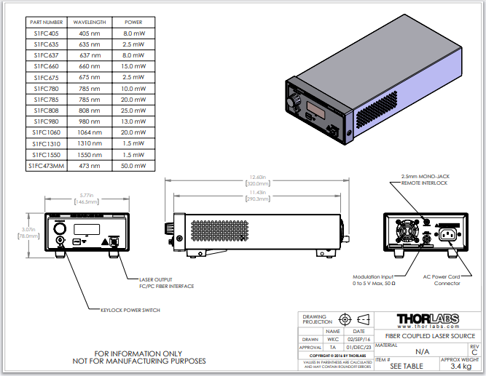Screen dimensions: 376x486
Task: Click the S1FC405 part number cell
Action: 46,33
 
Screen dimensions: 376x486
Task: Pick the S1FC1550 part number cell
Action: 46,155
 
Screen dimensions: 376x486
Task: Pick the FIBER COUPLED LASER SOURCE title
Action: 426,335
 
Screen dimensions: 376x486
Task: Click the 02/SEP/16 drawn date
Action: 358,340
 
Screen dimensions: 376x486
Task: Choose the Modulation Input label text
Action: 374,277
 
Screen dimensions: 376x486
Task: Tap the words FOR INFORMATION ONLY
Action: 139,353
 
